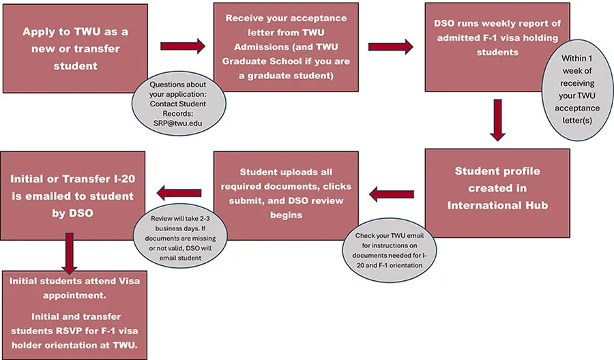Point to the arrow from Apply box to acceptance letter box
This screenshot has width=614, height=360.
(182, 46)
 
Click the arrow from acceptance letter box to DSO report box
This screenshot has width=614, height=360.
(390, 46)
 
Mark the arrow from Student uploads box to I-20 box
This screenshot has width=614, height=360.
(179, 194)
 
